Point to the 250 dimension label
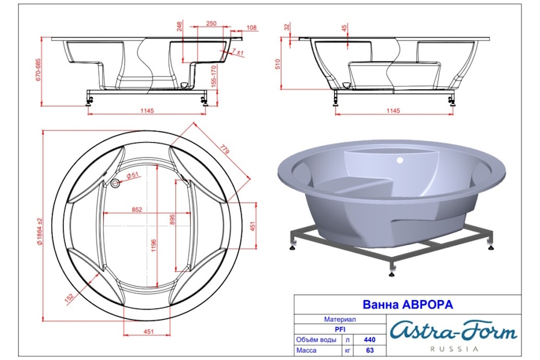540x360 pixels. (x=211, y=23)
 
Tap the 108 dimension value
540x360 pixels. (x=252, y=28)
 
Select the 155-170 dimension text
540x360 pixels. (x=214, y=76)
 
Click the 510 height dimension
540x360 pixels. (x=278, y=64)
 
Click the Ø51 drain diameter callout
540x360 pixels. (x=132, y=175)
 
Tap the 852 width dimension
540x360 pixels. (x=137, y=209)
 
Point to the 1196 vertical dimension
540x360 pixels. (x=154, y=245)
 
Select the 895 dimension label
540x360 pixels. (x=173, y=220)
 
